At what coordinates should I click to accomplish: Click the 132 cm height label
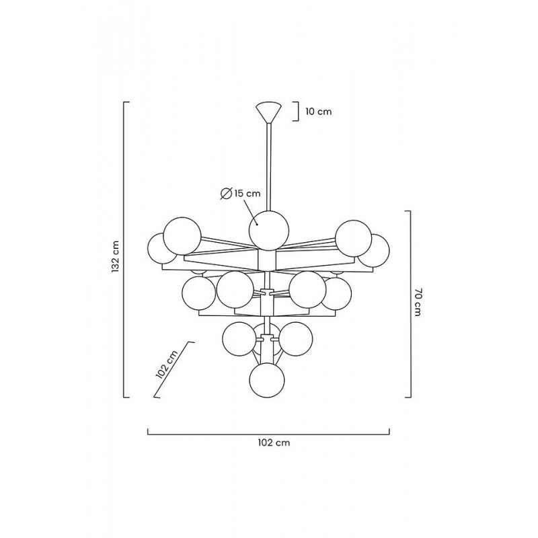[x=116, y=257]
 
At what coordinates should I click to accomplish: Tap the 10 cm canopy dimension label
[x=319, y=112]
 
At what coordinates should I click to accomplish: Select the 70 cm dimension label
[x=418, y=302]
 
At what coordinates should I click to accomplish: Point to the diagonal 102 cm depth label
[x=167, y=364]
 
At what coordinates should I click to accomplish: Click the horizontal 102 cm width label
[x=274, y=443]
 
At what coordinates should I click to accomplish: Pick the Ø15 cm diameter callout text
[x=240, y=194]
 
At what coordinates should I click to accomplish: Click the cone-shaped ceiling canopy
[x=268, y=112]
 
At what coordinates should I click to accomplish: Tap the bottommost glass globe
[x=267, y=380]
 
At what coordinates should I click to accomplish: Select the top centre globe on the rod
[x=268, y=231]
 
